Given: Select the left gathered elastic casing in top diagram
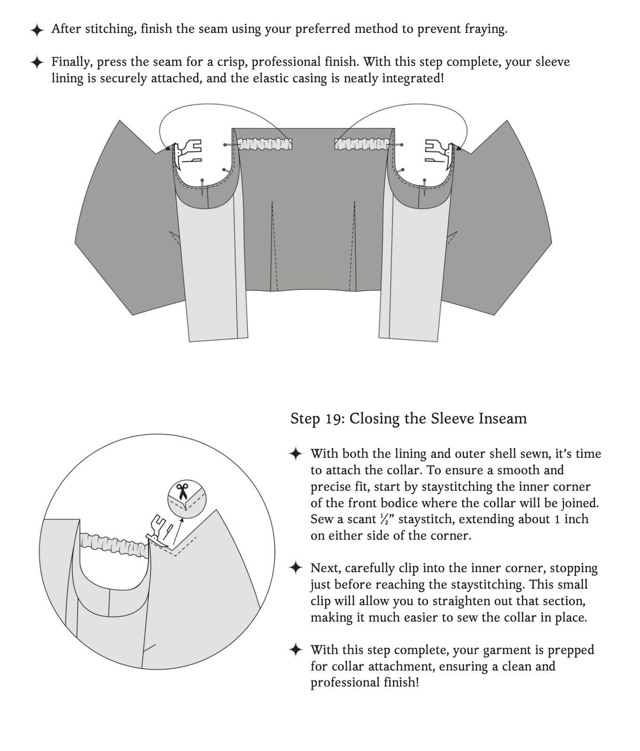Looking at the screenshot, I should (x=265, y=144).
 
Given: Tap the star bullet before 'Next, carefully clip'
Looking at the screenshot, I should (x=296, y=568).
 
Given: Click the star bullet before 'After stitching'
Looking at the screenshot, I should (x=37, y=30).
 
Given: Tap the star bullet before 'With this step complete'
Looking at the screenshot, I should (x=296, y=650).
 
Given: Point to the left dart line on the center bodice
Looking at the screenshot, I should (x=274, y=245).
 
